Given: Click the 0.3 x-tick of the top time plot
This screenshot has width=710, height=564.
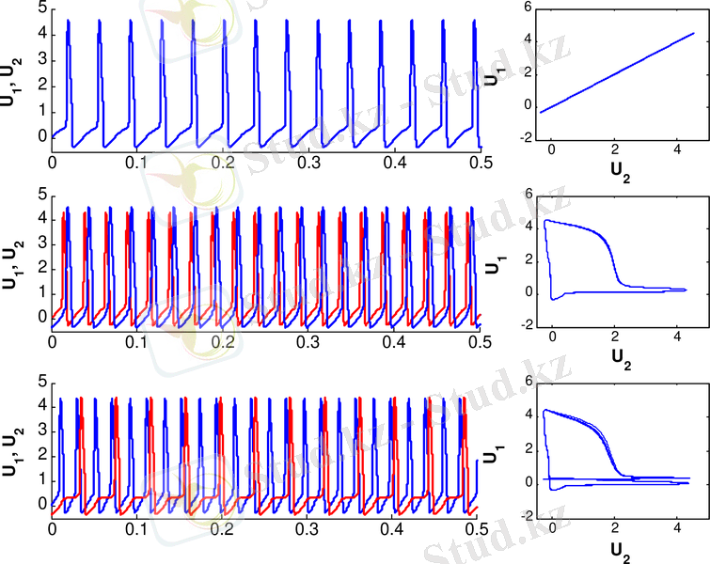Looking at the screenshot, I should pos(308,163).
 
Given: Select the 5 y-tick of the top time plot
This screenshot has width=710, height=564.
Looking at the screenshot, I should pos(43,8).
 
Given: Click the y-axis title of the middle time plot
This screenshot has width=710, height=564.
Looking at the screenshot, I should pos(12,259).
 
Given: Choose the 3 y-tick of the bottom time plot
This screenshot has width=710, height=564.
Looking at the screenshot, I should pos(43,430).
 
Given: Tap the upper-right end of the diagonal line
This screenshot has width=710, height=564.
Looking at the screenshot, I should pos(694,33).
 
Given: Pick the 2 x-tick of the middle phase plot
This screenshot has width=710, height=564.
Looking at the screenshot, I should pos(613,338).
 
